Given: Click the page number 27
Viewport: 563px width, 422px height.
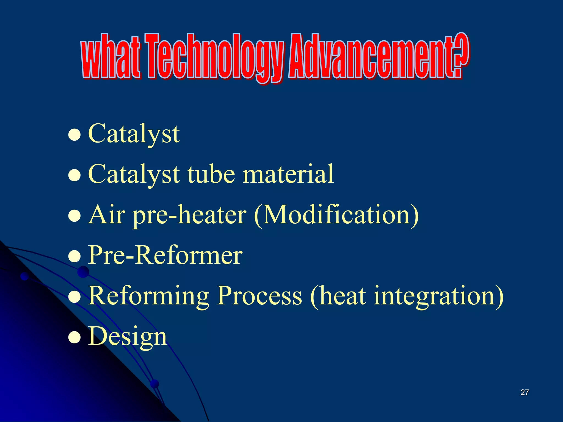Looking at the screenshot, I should [525, 392].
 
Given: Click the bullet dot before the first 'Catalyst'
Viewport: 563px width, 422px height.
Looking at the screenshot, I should [74, 135].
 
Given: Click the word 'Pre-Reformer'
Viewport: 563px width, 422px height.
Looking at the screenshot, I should [165, 255].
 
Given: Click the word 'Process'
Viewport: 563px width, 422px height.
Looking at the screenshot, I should [259, 296].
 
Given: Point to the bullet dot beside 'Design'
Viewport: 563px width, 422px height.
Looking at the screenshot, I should [74, 337].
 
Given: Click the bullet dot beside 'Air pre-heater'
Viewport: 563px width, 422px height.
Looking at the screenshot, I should [74, 216].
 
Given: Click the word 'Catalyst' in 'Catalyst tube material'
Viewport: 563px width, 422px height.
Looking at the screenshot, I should [134, 174].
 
